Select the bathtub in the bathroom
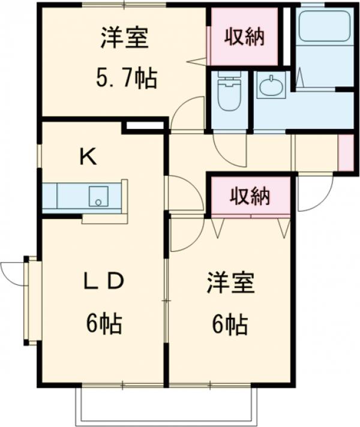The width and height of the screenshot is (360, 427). (x=325, y=26)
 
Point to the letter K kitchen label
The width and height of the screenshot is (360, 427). (x=88, y=157)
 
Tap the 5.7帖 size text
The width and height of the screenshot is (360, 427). (x=127, y=77)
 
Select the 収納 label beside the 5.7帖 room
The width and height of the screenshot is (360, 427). (x=244, y=37)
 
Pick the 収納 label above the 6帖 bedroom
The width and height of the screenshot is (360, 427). (x=251, y=196)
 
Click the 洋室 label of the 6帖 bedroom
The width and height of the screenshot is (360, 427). (x=231, y=284)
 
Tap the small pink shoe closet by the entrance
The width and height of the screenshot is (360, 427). (x=346, y=153)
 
